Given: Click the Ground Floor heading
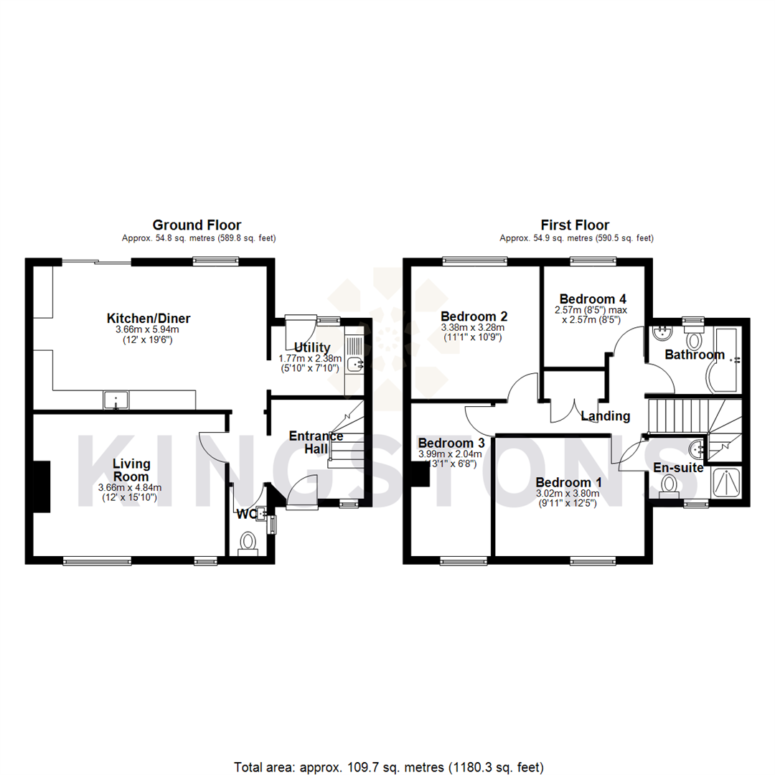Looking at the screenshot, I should [197, 225].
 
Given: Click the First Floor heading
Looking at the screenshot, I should [576, 225].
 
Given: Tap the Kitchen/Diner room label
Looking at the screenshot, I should [149, 318].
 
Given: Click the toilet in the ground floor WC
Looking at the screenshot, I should [248, 542].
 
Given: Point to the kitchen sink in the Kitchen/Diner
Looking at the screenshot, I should [116, 399].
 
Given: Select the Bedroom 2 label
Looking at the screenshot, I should [474, 316].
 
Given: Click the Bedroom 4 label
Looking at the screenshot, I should [588, 299].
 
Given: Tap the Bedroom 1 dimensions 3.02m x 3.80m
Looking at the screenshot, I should [568, 494].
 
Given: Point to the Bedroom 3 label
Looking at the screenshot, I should [451, 443].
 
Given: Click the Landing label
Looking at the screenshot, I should [605, 415].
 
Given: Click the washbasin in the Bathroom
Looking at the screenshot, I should [662, 333].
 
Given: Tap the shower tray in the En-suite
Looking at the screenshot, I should [727, 482].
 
